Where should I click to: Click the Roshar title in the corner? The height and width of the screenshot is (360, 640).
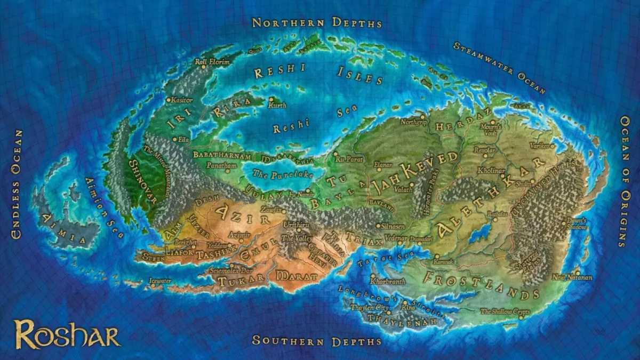[67, 334]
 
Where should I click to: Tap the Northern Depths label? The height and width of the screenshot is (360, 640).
[317, 22]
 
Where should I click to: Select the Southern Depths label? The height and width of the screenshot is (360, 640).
[317, 341]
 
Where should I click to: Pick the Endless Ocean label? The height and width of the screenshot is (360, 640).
[17, 183]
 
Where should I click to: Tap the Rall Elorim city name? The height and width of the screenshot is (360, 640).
[212, 62]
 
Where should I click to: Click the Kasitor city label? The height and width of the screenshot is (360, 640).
[182, 100]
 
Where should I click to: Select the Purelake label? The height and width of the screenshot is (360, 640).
[274, 173]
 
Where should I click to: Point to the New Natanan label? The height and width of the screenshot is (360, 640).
[565, 277]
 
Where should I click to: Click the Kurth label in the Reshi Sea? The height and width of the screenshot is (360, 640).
[277, 106]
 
